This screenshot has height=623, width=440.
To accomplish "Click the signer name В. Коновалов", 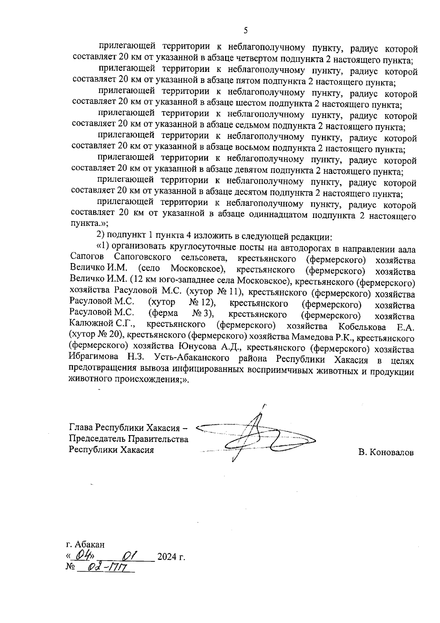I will click(x=386, y=452).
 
